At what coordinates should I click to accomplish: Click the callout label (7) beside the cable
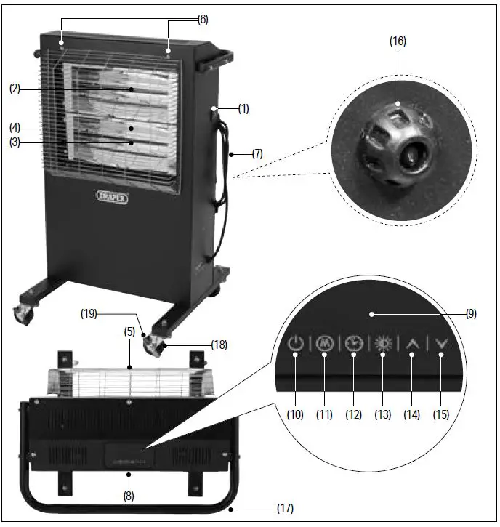point(258,154)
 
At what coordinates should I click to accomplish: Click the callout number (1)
point(243,109)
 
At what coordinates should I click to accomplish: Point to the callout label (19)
point(89,315)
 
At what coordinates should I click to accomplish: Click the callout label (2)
point(15,89)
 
